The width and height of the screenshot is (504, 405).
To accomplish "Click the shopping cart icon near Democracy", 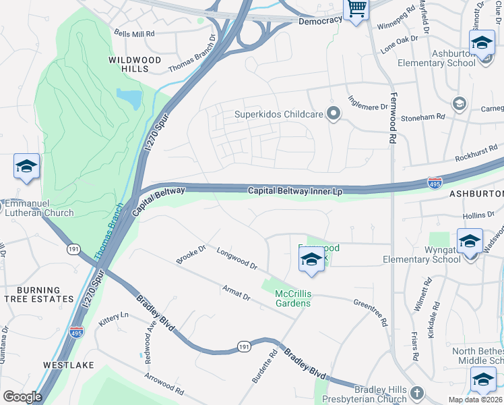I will point(356,9).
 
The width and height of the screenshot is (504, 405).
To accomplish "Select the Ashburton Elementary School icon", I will point(482,43).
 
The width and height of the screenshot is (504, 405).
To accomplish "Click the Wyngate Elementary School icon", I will point(469,241).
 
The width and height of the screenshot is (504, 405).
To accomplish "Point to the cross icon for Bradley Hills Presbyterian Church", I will point(417,393).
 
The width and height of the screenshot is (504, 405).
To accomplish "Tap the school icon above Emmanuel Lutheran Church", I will point(26,167).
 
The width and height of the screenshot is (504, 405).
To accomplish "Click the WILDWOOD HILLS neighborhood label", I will point(135,65).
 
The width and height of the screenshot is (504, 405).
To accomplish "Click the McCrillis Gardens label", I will point(292,298).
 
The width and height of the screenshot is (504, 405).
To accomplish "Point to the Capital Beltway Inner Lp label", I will point(295,191).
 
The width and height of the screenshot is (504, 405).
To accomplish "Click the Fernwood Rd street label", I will point(391,118).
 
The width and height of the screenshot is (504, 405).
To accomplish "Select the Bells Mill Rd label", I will point(135,32).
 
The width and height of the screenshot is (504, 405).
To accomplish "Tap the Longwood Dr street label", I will point(237,258).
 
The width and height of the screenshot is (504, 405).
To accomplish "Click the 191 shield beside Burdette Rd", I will point(245,346).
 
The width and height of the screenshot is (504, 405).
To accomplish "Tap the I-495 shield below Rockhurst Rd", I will point(435,182).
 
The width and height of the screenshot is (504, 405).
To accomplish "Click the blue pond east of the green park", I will point(129,99).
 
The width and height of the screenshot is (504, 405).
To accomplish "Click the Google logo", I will point(22,396).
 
